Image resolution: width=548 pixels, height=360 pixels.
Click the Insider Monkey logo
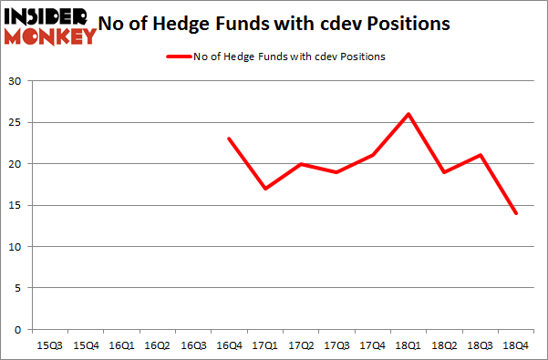(x=51, y=26)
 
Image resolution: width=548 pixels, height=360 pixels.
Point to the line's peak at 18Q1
(x=408, y=114)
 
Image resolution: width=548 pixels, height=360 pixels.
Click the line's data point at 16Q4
(x=229, y=139)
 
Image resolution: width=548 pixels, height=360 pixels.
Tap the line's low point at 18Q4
(x=515, y=213)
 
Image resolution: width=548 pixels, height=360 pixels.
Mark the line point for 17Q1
(x=264, y=189)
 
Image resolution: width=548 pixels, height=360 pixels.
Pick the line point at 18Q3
(x=480, y=155)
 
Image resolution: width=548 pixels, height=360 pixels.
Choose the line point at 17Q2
(x=301, y=164)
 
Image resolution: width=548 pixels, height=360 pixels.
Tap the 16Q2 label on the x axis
(x=157, y=345)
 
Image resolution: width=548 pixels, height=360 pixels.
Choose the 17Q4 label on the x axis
(x=372, y=345)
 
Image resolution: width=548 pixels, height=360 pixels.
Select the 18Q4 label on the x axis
(x=515, y=345)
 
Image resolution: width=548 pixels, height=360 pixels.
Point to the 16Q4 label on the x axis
(x=229, y=345)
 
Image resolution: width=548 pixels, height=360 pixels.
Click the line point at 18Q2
(x=444, y=171)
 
